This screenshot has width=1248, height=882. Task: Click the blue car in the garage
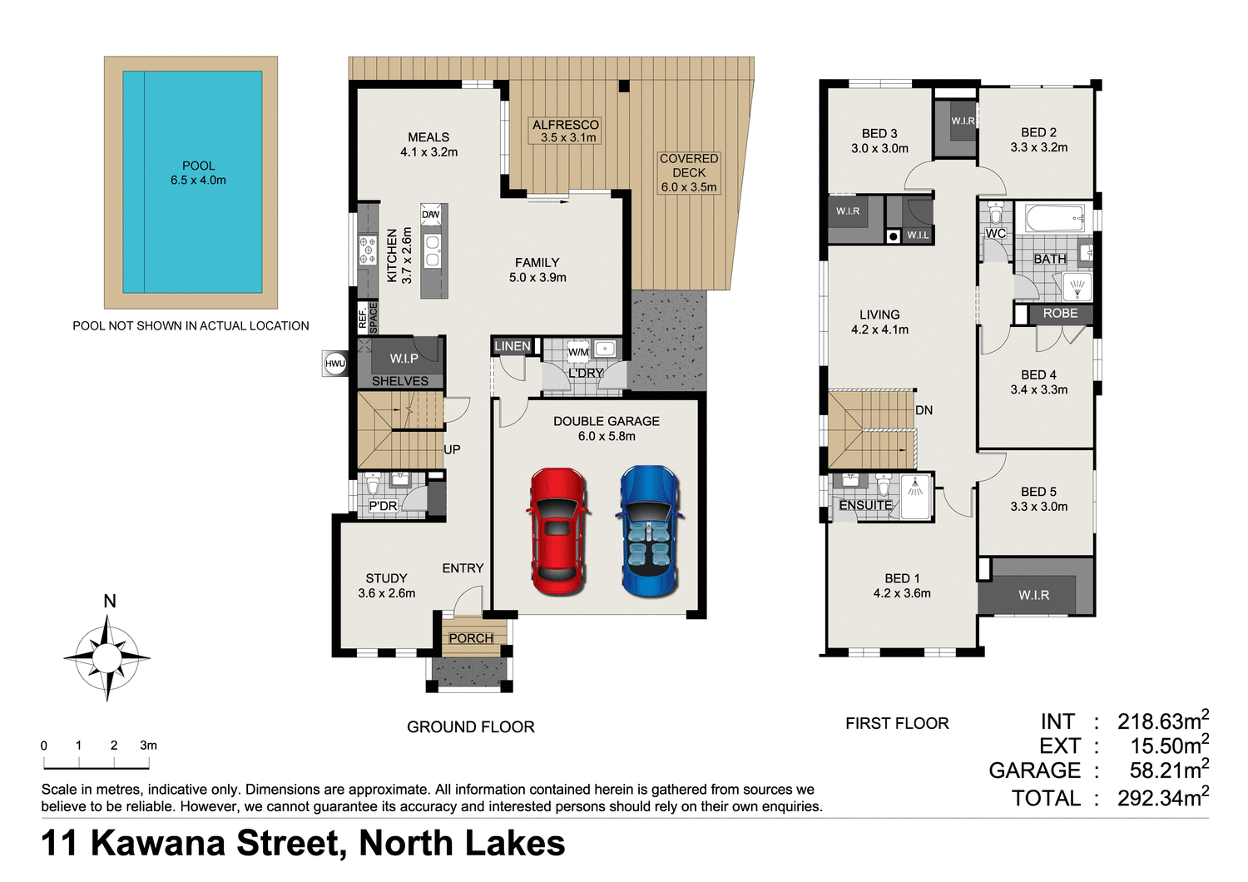pyautogui.click(x=650, y=531)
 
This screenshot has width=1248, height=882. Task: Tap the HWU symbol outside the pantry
pyautogui.click(x=335, y=364)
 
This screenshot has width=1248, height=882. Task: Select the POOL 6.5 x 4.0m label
pyautogui.click(x=198, y=173)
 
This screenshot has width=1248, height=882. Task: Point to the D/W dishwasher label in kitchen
pyautogui.click(x=430, y=215)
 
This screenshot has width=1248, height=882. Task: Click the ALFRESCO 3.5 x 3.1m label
pyautogui.click(x=566, y=131)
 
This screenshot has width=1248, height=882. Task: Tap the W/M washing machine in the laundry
pyautogui.click(x=578, y=352)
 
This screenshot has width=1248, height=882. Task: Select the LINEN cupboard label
pyautogui.click(x=512, y=346)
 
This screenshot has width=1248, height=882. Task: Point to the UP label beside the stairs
pyautogui.click(x=452, y=449)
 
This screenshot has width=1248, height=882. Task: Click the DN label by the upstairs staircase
pyautogui.click(x=924, y=410)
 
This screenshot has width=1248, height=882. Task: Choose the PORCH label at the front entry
pyautogui.click(x=471, y=638)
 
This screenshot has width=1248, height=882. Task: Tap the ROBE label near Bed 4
pyautogui.click(x=1060, y=314)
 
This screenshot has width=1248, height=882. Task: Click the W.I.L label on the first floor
pyautogui.click(x=918, y=235)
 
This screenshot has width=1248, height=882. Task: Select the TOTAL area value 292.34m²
pyautogui.click(x=1162, y=798)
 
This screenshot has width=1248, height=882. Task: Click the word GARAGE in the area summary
pyautogui.click(x=1034, y=771)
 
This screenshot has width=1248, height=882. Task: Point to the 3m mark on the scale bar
pyautogui.click(x=148, y=746)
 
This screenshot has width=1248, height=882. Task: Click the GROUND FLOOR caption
pyautogui.click(x=470, y=726)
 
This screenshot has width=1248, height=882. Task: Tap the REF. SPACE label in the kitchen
pyautogui.click(x=368, y=318)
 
